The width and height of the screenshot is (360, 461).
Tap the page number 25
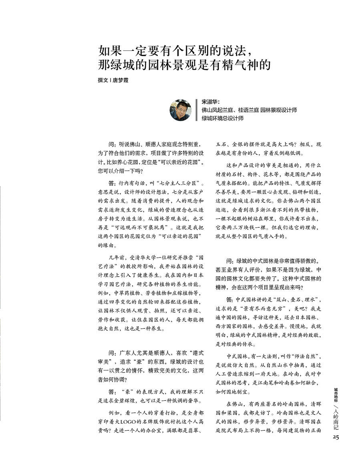point(336,437)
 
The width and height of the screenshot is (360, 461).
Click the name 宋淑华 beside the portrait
point(210,102)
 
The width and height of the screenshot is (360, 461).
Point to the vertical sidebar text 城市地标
point(336,394)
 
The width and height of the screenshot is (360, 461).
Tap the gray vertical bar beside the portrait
point(196,110)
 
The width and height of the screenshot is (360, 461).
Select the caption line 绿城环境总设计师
point(223,118)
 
